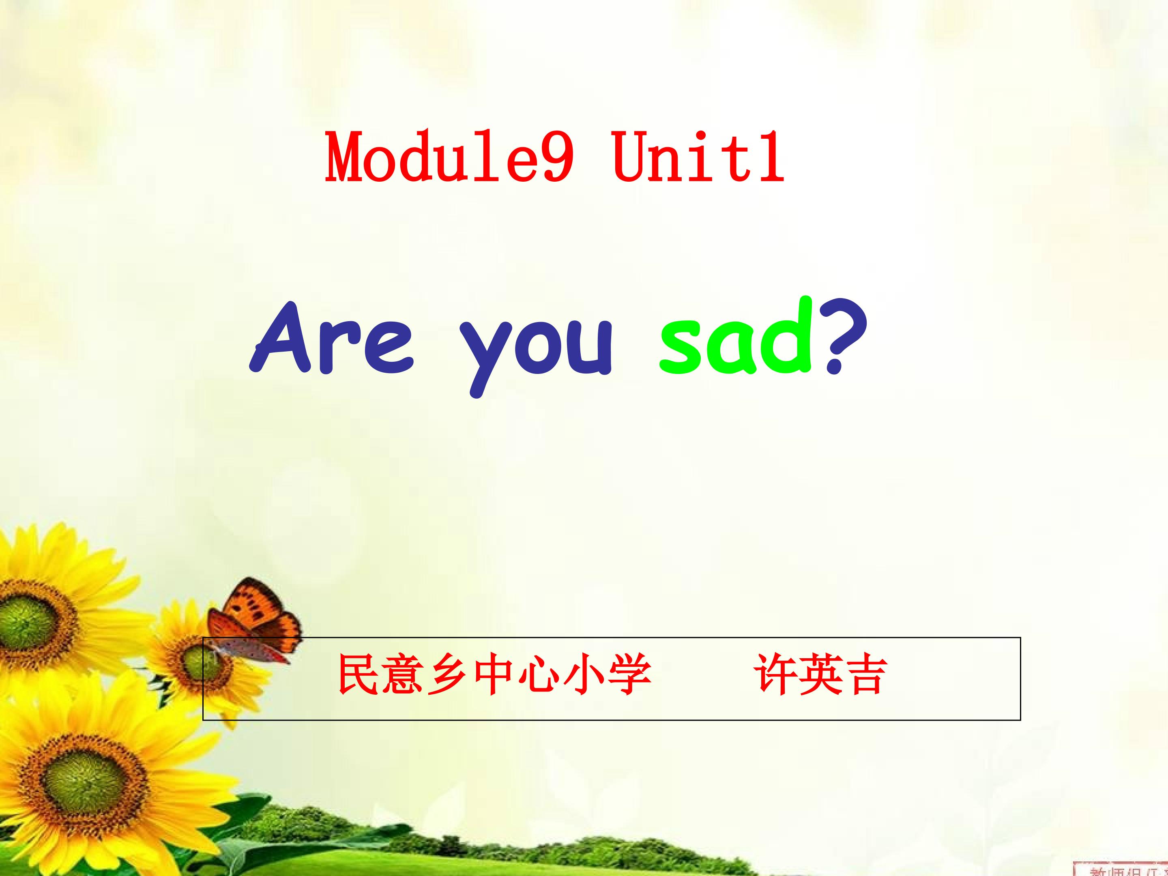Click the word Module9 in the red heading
[x=449, y=157]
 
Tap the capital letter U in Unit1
[x=631, y=157]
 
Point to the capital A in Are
[x=288, y=338]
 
